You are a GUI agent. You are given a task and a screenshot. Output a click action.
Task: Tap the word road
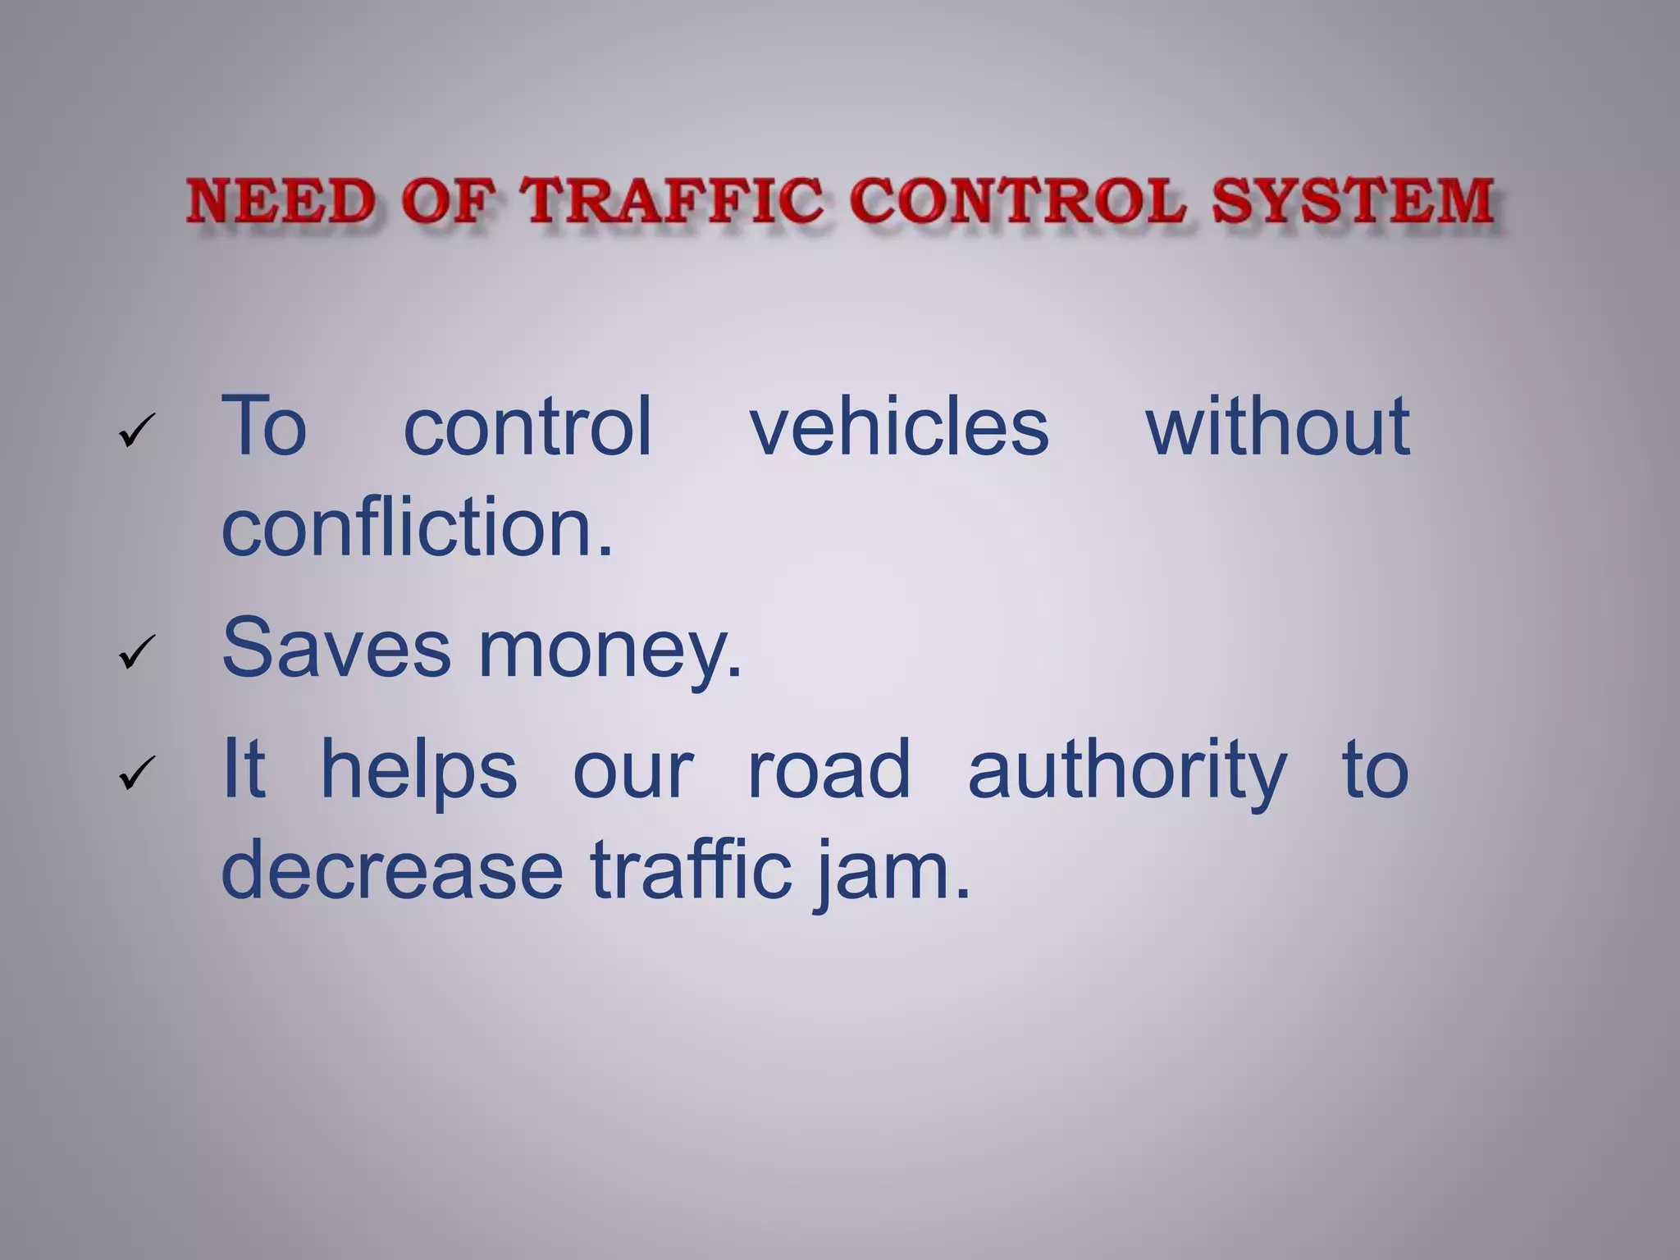click(829, 769)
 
